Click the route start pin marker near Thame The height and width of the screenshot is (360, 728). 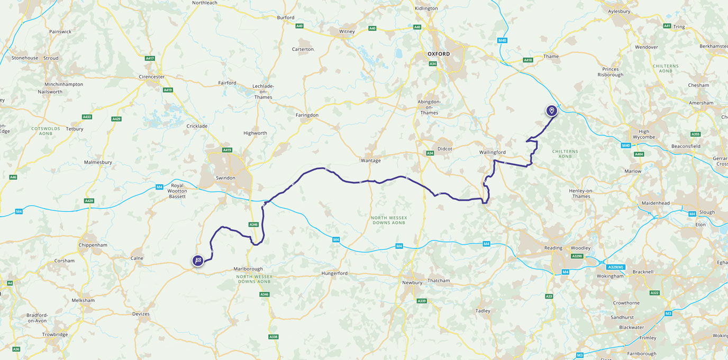coord(551,110)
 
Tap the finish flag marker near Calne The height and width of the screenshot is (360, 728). coord(198,260)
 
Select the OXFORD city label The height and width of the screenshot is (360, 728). coord(439,54)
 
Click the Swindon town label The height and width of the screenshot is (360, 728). coord(225,178)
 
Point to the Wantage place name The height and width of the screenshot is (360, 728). coord(370,160)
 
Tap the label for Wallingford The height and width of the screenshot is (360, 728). coord(492,152)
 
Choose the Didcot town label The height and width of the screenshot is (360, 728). coord(444,149)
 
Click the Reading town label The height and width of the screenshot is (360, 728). coord(553,248)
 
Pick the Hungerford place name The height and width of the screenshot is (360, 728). coord(334,273)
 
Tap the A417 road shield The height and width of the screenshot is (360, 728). coord(150,59)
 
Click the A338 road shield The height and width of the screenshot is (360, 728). coord(273,337)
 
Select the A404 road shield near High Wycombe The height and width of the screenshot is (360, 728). coord(639,154)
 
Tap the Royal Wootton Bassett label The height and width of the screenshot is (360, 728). coord(177,191)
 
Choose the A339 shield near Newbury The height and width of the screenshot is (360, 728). coord(422,301)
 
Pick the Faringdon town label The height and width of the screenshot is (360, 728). coord(307,115)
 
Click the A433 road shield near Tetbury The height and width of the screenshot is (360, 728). coord(87,116)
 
